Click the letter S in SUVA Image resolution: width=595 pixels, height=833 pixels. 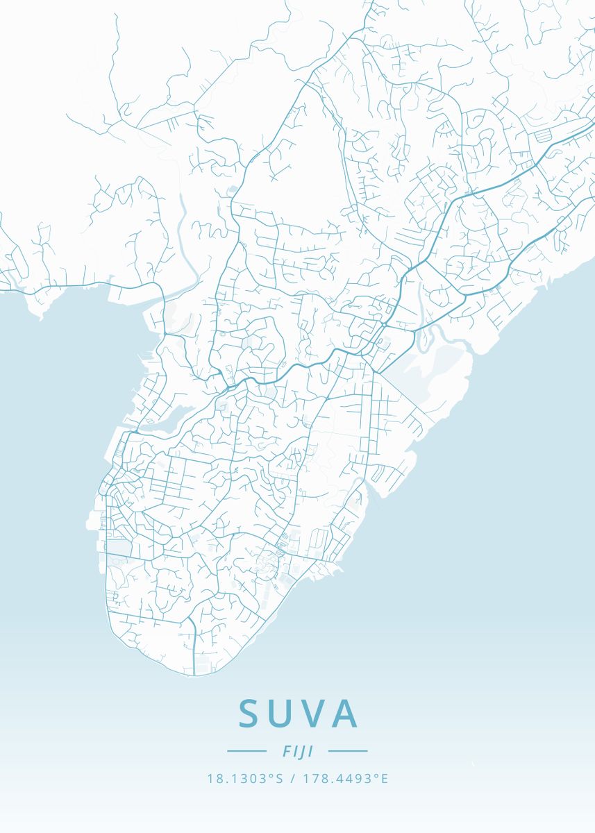pyautogui.click(x=251, y=714)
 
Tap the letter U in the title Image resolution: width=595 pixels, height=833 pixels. pyautogui.click(x=285, y=714)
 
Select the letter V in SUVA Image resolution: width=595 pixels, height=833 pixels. pyautogui.click(x=317, y=714)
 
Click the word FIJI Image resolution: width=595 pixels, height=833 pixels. pyautogui.click(x=297, y=751)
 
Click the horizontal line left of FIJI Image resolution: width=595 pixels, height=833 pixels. pyautogui.click(x=246, y=751)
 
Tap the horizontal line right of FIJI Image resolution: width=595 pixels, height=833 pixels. pyautogui.click(x=348, y=751)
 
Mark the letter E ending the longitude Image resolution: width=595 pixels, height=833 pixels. pyautogui.click(x=385, y=779)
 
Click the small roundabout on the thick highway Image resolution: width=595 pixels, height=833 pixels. pyautogui.click(x=384, y=324)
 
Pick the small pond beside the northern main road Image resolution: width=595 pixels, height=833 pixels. pyautogui.click(x=233, y=188)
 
